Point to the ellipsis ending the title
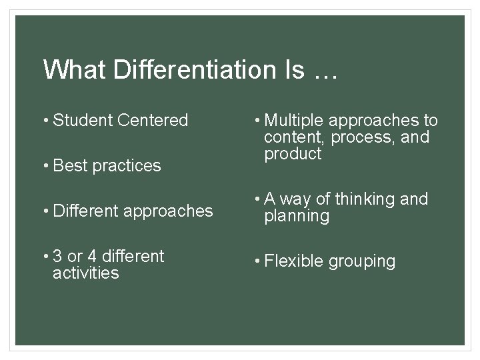pos(323,72)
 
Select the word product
pos(293,155)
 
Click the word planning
pos(297,217)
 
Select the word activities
pos(86,273)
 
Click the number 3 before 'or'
pos(57,257)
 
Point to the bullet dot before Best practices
pos(46,166)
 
